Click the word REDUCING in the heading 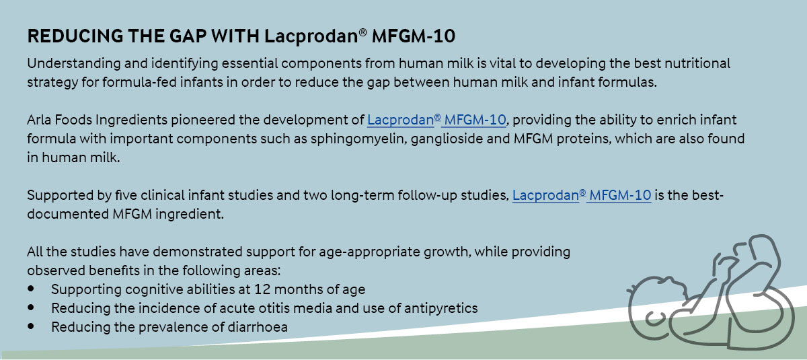[x=75, y=36]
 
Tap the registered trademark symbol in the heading [x=362, y=32]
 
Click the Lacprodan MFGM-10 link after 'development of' [x=436, y=120]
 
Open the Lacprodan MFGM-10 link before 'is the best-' [x=582, y=195]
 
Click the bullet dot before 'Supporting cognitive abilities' [x=31, y=289]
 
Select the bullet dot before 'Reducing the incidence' [x=31, y=308]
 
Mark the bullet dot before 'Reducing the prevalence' [x=31, y=326]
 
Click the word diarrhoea [x=258, y=327]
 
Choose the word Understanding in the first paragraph [x=74, y=64]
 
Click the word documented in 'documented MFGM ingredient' [x=68, y=215]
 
